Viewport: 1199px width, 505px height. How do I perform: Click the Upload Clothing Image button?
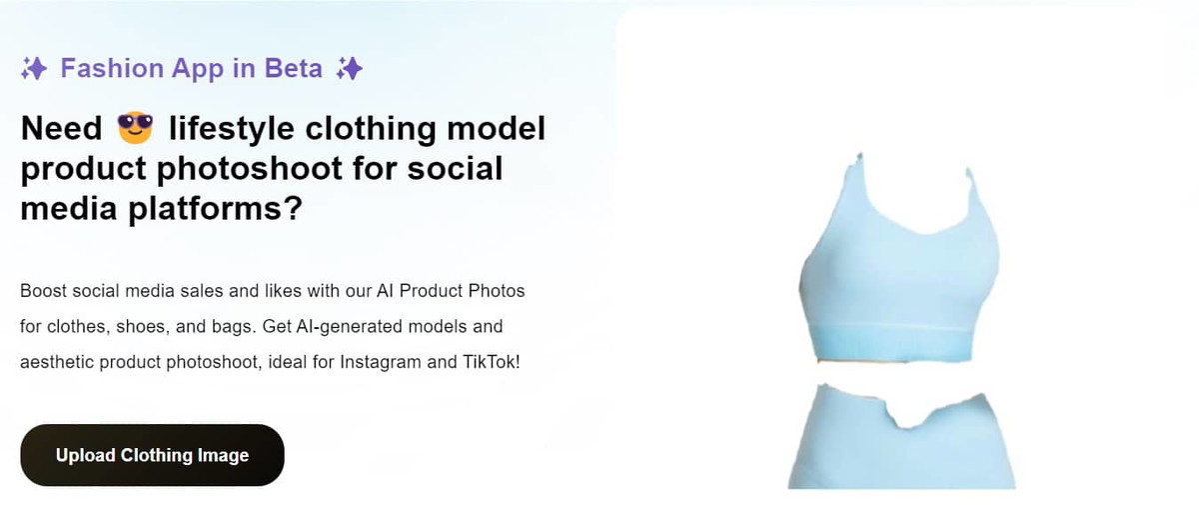[x=153, y=455]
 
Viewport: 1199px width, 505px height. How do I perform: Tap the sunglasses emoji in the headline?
[x=135, y=127]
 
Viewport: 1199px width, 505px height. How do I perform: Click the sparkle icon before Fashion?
[x=34, y=69]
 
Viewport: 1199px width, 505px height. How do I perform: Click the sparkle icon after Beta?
[x=350, y=69]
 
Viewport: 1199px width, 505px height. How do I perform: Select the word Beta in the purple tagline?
[x=294, y=69]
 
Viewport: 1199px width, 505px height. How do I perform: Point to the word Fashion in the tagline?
[x=112, y=69]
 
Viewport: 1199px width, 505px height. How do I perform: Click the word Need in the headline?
[x=61, y=129]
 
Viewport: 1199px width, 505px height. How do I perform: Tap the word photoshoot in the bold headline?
[x=250, y=168]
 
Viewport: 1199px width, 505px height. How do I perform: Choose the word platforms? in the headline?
[x=215, y=208]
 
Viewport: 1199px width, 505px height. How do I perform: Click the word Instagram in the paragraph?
[x=381, y=362]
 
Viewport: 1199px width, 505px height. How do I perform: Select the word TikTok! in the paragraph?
[x=492, y=362]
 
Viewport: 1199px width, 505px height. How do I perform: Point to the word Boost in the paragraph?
[x=43, y=291]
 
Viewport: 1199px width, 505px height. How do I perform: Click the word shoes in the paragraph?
[x=141, y=327]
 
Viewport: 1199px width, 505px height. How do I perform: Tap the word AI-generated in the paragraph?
[x=349, y=327]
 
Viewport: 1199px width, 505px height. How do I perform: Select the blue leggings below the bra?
[x=901, y=439]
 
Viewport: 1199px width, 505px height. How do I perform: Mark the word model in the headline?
[x=496, y=129]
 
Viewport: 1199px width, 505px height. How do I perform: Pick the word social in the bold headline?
[x=455, y=168]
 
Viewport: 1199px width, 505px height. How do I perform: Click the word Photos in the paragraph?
[x=497, y=291]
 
